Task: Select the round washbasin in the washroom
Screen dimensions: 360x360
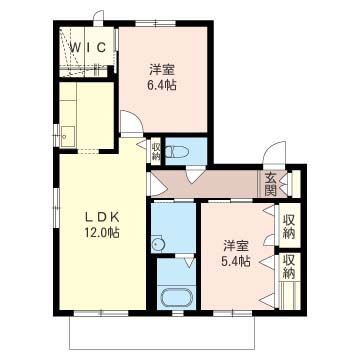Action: [156, 242]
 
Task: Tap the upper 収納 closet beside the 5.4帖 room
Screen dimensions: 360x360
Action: [289, 226]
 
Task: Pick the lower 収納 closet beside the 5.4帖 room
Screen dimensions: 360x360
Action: [289, 267]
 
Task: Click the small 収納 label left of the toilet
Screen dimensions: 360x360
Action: [156, 153]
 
